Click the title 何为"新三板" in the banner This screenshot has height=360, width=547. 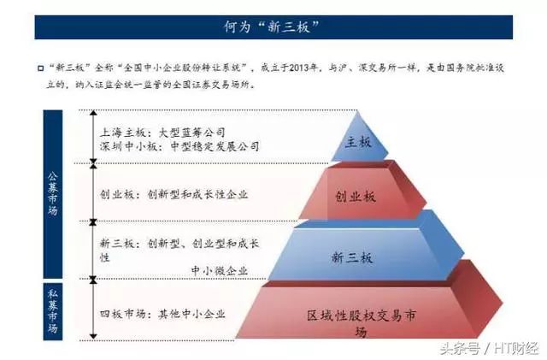271,27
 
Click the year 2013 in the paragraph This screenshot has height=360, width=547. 300,68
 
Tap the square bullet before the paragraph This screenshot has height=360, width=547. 41,68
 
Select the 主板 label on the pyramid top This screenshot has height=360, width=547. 358,142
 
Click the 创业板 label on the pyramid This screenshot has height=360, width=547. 356,197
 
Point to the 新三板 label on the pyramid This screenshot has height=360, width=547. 352,257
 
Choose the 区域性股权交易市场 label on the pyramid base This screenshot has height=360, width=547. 362,322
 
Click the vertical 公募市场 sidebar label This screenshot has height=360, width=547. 53,193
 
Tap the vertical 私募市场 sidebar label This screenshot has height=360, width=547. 53,310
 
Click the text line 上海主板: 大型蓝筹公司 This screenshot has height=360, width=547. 162,133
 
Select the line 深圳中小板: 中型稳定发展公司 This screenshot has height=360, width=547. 179,146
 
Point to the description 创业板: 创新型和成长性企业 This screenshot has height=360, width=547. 174,194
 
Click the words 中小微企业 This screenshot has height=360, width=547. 220,270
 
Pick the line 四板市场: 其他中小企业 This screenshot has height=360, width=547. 162,314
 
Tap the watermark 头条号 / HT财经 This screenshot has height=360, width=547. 489,348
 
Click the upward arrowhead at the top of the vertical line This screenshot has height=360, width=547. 93,112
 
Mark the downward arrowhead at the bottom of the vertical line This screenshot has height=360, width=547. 93,337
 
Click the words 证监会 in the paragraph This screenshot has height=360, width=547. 112,85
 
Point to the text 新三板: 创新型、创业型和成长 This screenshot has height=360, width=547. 179,243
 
